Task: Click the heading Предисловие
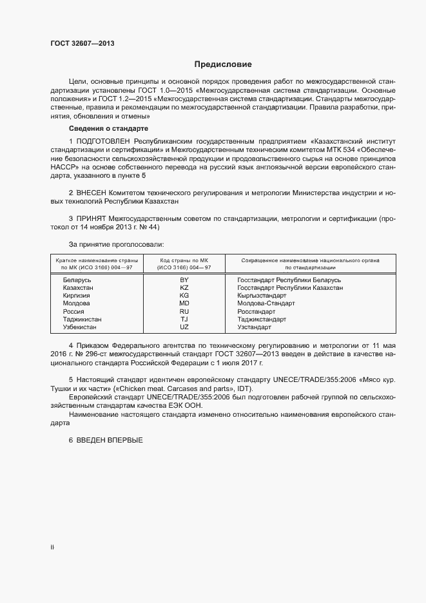[x=223, y=64]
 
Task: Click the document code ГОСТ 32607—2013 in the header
[x=82, y=43]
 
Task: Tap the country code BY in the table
[x=184, y=280]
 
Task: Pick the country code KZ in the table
[x=184, y=288]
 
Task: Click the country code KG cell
[x=184, y=296]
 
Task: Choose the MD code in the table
[x=184, y=303]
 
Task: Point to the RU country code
[x=184, y=311]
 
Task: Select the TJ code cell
[x=184, y=319]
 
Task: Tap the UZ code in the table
[x=184, y=327]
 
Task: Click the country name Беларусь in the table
[x=77, y=280]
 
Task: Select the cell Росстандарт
[x=257, y=311]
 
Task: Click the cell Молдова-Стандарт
[x=266, y=303]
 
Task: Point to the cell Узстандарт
[x=255, y=327]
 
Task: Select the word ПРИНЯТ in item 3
[x=92, y=219]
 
